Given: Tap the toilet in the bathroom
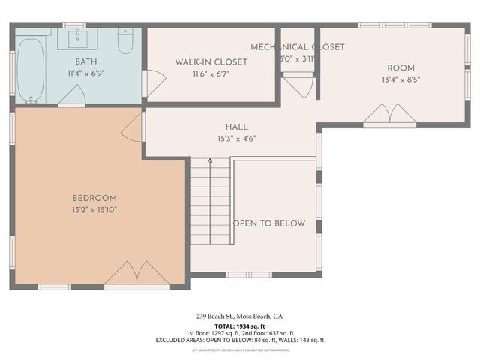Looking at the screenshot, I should coord(125,42).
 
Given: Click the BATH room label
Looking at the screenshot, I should coord(85,61).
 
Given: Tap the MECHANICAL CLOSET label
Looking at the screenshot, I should coord(297,46).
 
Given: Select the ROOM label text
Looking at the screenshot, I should coord(400,67).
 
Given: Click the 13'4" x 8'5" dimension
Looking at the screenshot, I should coord(400,79).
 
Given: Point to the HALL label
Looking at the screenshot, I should coord(236,127).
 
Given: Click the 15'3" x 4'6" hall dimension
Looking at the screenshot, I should coord(236,139).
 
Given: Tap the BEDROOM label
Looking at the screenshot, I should coord(89,198).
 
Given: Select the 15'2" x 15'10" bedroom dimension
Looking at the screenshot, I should coord(89,209).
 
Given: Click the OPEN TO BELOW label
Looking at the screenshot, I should coord(269,223).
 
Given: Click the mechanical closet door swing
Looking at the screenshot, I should coord(298,87).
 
